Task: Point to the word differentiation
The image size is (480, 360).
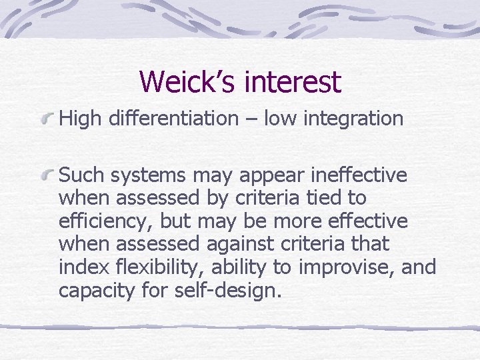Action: [173, 119]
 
